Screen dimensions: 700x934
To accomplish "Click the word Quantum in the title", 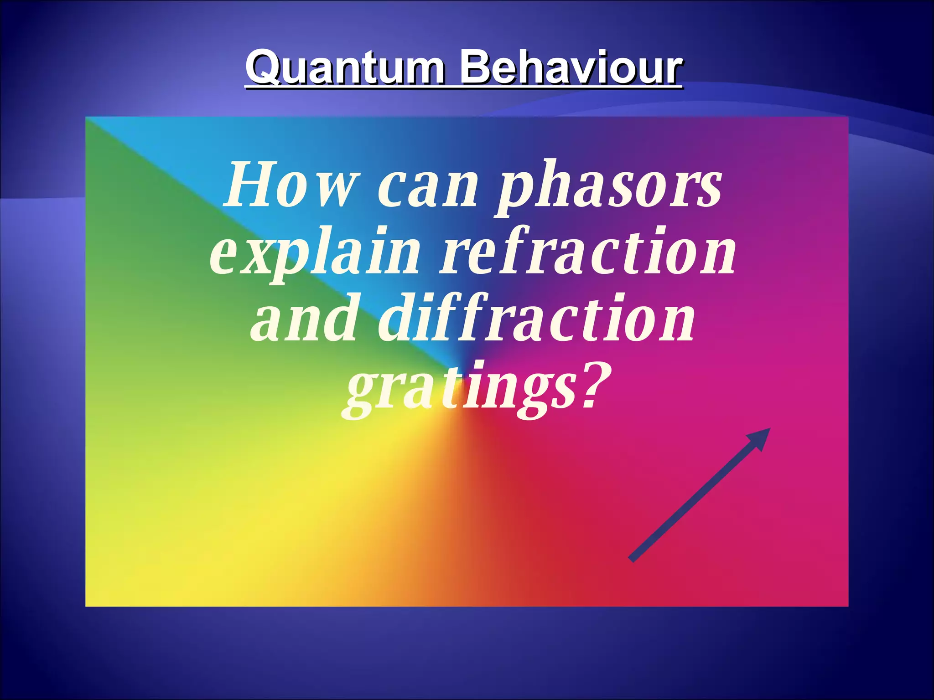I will point(345,68).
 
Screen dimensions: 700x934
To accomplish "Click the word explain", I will point(315,253).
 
